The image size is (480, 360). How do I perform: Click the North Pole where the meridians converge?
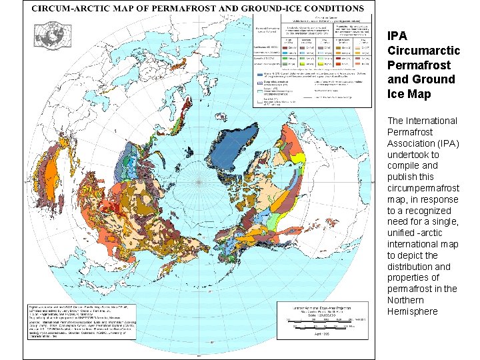[x=200, y=180]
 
